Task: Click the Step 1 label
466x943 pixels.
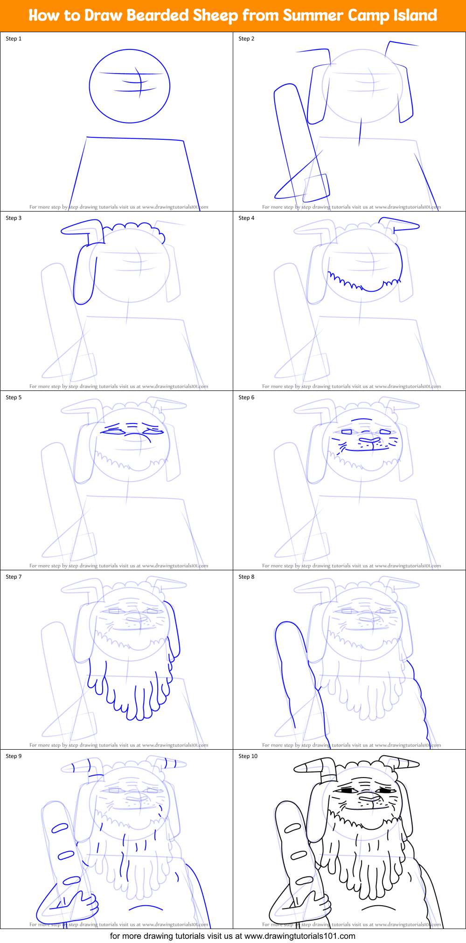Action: (x=14, y=39)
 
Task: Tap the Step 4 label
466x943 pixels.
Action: (x=246, y=218)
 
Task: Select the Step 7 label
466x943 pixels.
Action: (x=14, y=577)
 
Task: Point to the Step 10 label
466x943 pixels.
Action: (x=248, y=756)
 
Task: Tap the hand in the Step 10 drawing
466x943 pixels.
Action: (x=319, y=904)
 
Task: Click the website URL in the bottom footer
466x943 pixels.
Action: (x=299, y=936)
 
